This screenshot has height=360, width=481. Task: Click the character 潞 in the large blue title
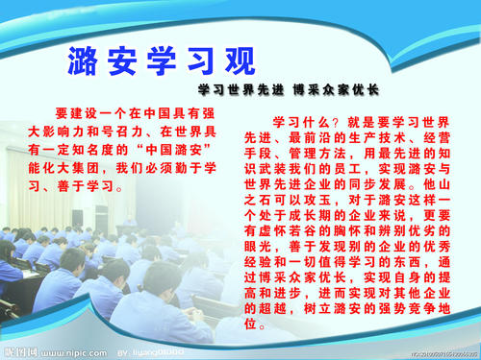click(86, 60)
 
